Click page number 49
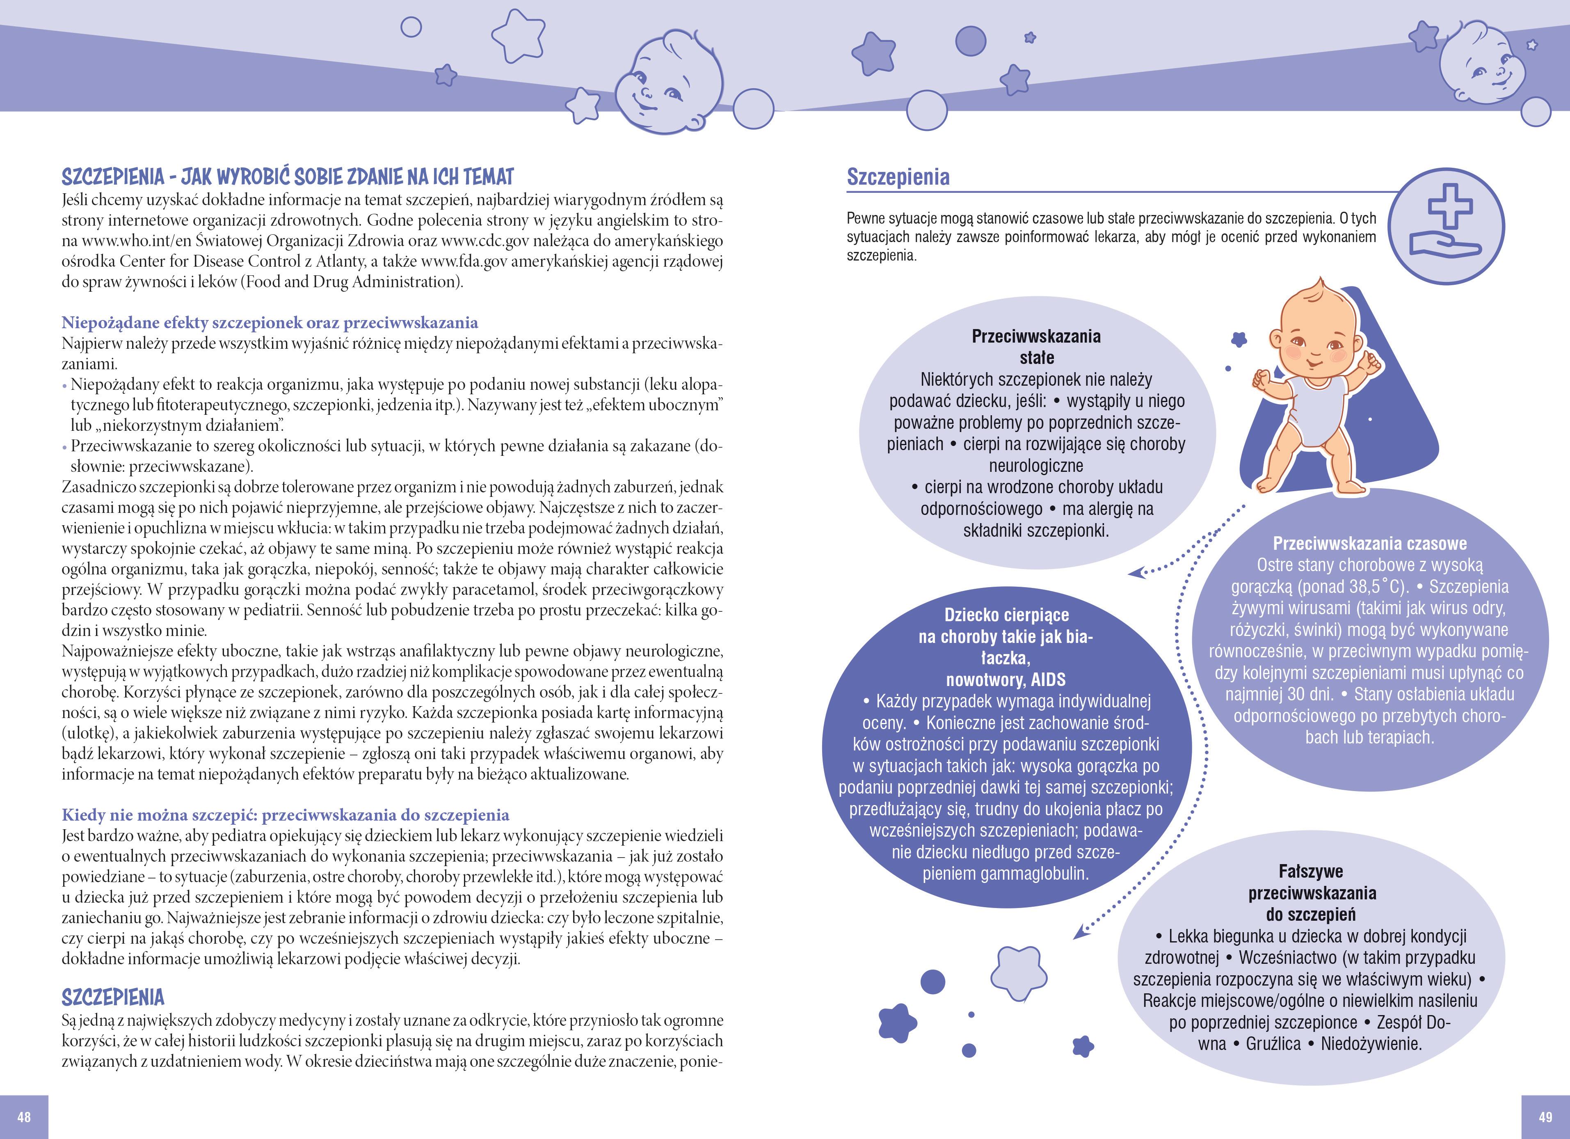point(1546,1117)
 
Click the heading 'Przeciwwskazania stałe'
point(1036,347)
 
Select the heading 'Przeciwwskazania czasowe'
point(1370,544)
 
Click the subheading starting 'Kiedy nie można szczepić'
point(285,815)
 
